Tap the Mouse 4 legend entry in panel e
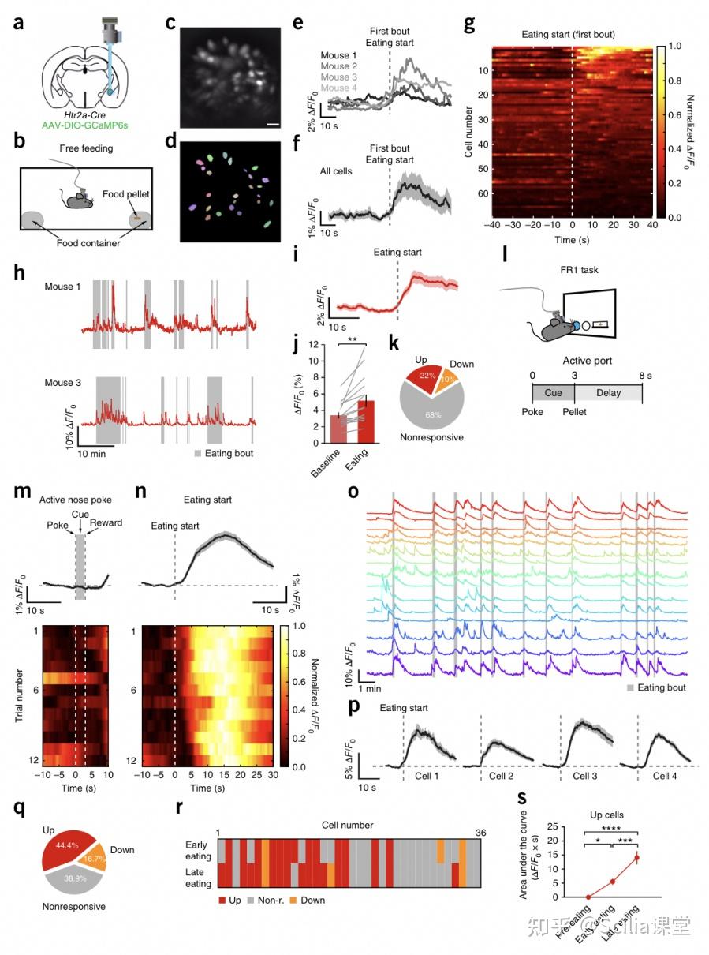(x=340, y=88)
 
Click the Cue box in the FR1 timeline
(x=553, y=392)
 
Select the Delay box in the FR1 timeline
(x=608, y=392)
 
